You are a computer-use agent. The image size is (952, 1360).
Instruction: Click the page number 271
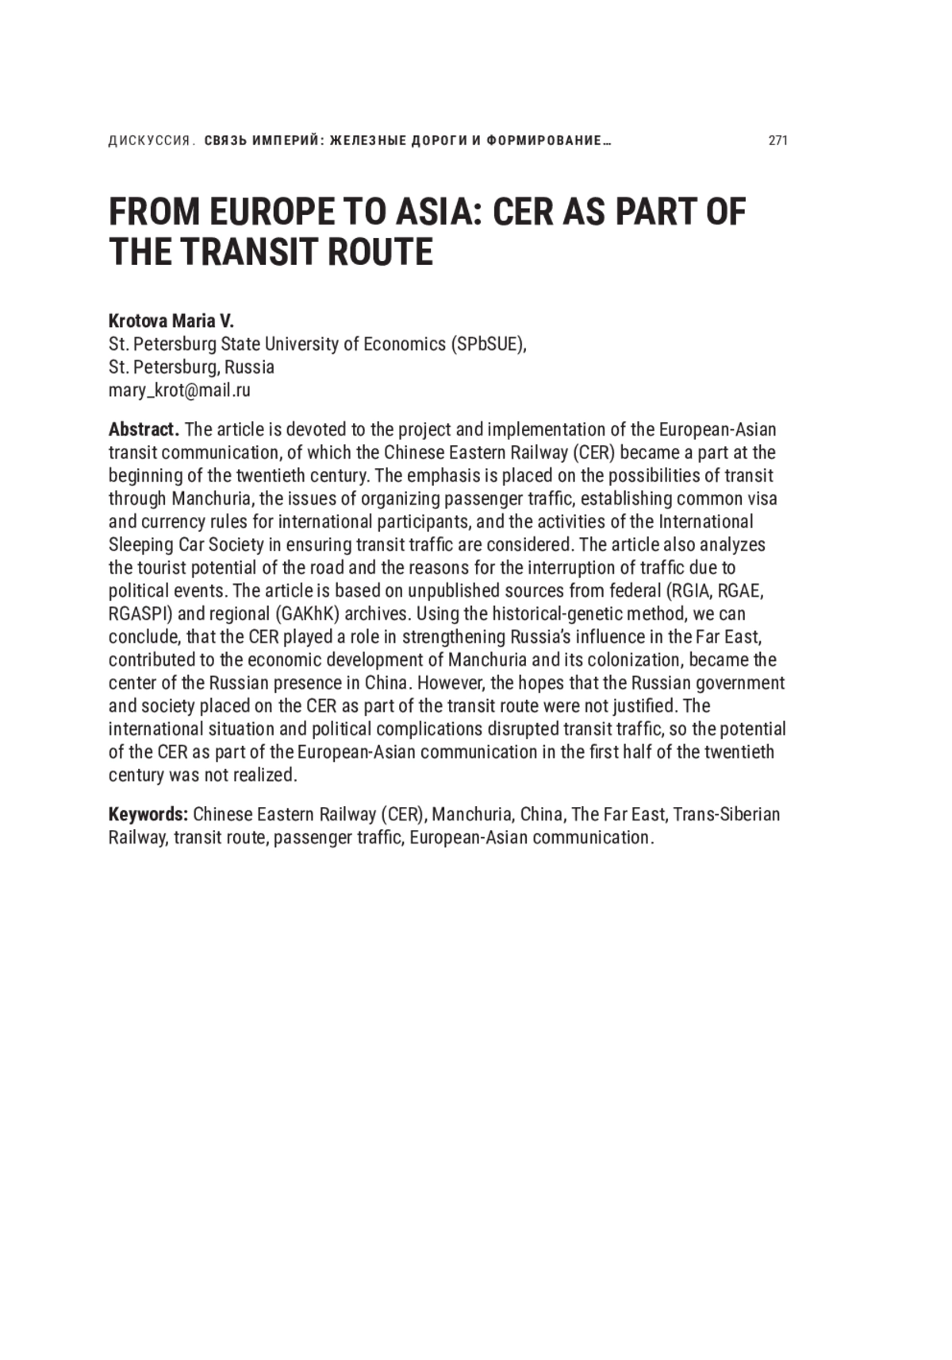pos(777,140)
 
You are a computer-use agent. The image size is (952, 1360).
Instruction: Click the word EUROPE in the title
pos(268,212)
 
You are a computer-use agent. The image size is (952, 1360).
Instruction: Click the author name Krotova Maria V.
pos(171,321)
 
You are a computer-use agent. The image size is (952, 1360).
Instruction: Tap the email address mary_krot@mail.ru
pos(179,390)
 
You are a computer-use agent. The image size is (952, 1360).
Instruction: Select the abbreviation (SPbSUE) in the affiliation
pos(488,344)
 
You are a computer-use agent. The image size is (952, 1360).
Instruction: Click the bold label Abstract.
pos(144,430)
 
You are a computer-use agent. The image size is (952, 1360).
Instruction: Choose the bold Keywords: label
pos(148,815)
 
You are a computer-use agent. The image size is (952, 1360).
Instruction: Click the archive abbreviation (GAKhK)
pos(308,614)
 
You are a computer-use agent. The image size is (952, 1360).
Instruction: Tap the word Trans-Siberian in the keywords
pos(727,815)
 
